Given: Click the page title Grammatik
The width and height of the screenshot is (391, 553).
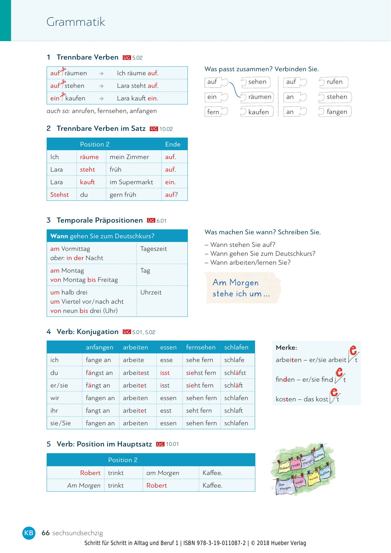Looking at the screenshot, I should tap(76, 22).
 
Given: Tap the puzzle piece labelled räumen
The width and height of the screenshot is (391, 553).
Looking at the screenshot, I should tap(258, 97).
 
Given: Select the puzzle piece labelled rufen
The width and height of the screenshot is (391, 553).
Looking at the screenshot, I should tap(334, 82).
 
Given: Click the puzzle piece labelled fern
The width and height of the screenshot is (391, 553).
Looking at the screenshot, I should tap(215, 112).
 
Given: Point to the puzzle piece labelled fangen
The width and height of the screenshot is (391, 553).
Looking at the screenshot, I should tap(336, 112).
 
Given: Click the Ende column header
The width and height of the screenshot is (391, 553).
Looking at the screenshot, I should tap(173, 144).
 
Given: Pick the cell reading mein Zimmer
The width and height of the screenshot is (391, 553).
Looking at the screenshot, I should tap(129, 157).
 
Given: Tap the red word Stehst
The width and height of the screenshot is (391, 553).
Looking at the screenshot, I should tap(60, 195).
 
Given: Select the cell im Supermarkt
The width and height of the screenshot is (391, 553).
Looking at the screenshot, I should tap(131, 182).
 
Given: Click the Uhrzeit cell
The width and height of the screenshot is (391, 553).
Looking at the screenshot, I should tap(151, 292).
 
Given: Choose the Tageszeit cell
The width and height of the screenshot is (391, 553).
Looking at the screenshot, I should tap(153, 249).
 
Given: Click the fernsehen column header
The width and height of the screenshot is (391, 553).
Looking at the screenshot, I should tap(201, 347).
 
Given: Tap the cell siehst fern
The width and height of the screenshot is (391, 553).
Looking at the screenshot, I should tap(201, 373).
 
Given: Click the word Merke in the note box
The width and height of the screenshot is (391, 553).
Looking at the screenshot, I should tap(286, 348).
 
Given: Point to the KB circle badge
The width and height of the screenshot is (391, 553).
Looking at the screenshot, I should tap(29, 533).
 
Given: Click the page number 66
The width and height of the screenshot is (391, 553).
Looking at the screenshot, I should tap(46, 533).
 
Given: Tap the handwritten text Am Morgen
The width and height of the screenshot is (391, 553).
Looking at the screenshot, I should tap(236, 283).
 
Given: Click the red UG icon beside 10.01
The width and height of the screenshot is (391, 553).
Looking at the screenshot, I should tap(160, 444).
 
